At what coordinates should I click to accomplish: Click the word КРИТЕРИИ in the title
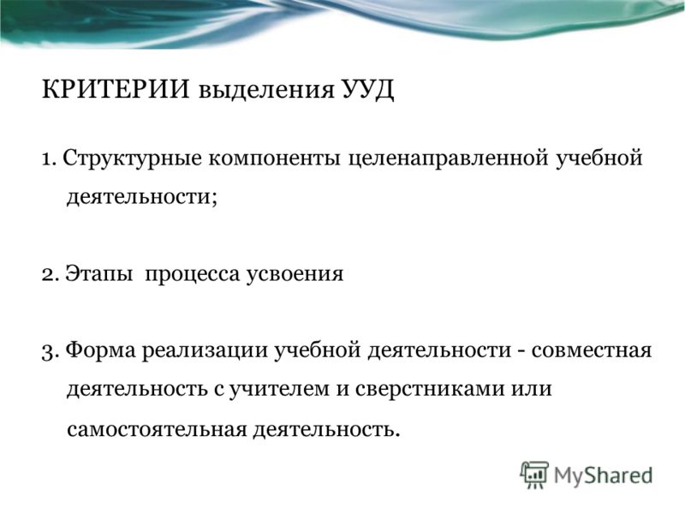pyautogui.click(x=116, y=89)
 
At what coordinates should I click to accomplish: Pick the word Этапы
pyautogui.click(x=99, y=275)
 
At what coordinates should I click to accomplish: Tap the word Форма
pyautogui.click(x=101, y=351)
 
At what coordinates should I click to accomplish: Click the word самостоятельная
pyautogui.click(x=157, y=431)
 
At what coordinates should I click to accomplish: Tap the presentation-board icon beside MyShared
pyautogui.click(x=533, y=475)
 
